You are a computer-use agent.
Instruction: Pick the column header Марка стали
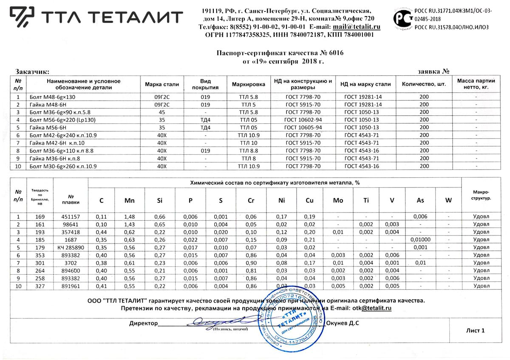pyautogui.click(x=162, y=84)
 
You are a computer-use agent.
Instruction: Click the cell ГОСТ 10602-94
pyautogui.click(x=303, y=120)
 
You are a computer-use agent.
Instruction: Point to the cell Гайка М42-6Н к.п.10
pyautogui.click(x=57, y=143)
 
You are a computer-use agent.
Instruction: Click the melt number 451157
pyautogui.click(x=72, y=216)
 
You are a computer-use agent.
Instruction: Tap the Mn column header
pyautogui.click(x=130, y=200)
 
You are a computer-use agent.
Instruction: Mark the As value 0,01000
pyautogui.click(x=420, y=239)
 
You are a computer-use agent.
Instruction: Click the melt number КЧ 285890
pyautogui.click(x=72, y=247)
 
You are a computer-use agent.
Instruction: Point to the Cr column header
pyautogui.click(x=251, y=200)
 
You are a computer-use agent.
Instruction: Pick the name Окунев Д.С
pyautogui.click(x=342, y=323)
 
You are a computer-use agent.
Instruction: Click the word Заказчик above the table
pyautogui.click(x=32, y=71)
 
